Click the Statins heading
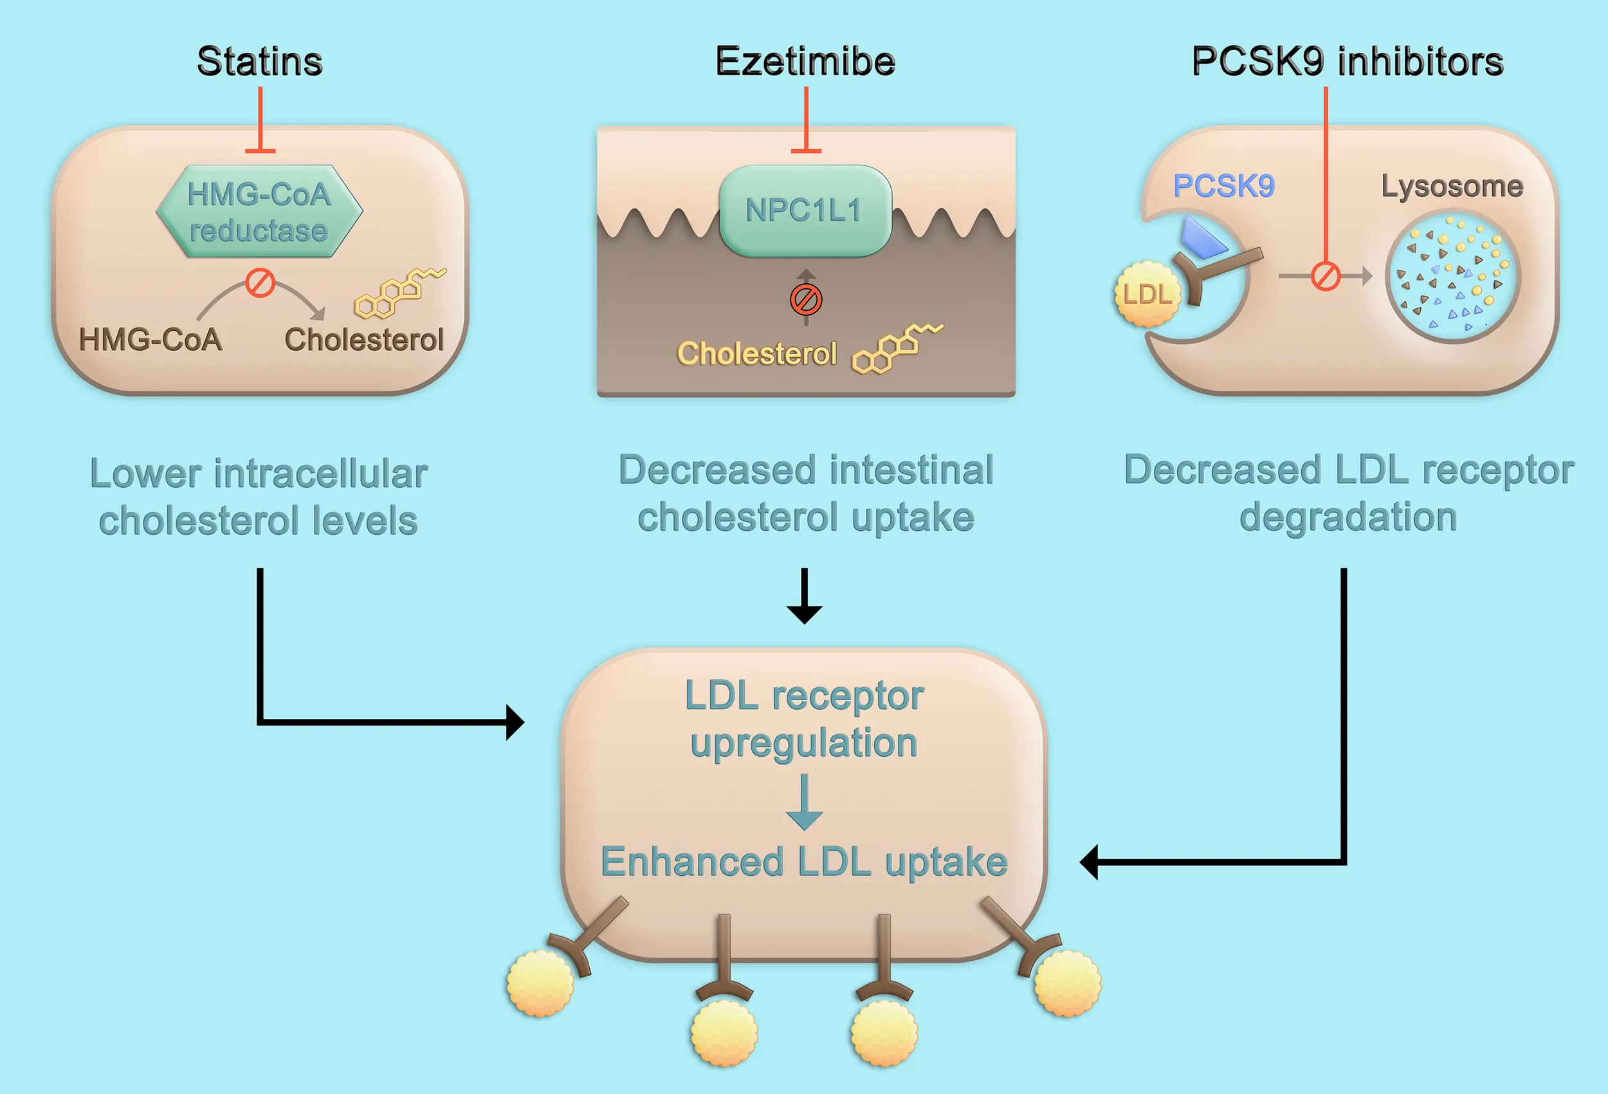point(259,62)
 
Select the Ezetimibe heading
point(805,62)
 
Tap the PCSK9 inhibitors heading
point(1347,62)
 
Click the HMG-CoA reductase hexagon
point(259,211)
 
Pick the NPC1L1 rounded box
point(805,210)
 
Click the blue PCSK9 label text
point(1223,185)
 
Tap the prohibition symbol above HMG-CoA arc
point(260,283)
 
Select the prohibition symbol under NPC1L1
point(805,300)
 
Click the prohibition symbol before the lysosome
point(1325,276)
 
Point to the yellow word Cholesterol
point(756,354)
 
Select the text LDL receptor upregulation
point(804,719)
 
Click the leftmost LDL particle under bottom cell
point(540,983)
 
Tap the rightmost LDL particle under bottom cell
point(1067,983)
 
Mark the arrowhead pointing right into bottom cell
point(514,722)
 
